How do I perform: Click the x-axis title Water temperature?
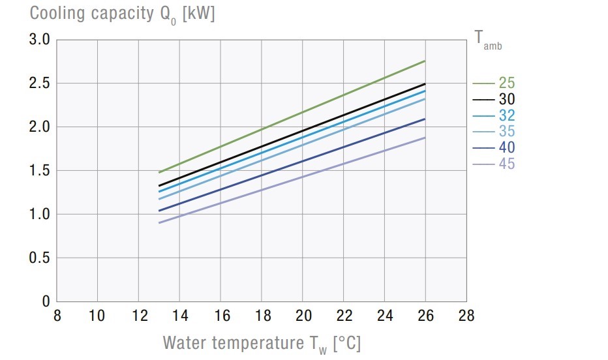coord(261,342)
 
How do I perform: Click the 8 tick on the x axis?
coord(57,316)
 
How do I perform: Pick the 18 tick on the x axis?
coord(262,316)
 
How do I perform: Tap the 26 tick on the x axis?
coord(425,316)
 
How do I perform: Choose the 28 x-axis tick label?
coord(466,316)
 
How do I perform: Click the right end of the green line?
coord(425,61)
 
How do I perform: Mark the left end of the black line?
coord(159,186)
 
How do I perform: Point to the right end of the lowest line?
coord(425,138)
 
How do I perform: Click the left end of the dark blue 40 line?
coord(159,211)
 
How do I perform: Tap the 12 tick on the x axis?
coord(138,316)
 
